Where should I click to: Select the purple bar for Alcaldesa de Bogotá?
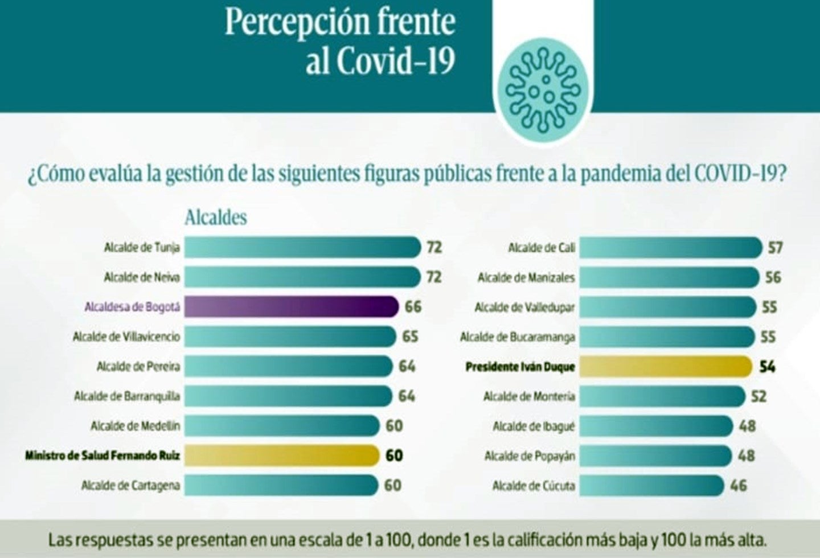click(x=291, y=307)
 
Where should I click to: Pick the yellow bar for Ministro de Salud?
click(x=282, y=456)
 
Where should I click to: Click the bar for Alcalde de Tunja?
click(x=302, y=247)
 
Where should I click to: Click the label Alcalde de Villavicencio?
click(x=126, y=337)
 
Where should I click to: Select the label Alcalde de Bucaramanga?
click(x=518, y=337)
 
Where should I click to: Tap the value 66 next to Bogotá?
click(x=413, y=307)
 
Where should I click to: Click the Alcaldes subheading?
click(x=216, y=218)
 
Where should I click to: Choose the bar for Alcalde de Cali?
click(x=671, y=248)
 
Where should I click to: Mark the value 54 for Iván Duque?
click(x=767, y=366)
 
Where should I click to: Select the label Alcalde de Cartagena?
click(x=130, y=486)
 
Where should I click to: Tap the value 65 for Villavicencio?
click(x=410, y=337)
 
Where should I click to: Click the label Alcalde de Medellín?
click(x=136, y=426)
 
